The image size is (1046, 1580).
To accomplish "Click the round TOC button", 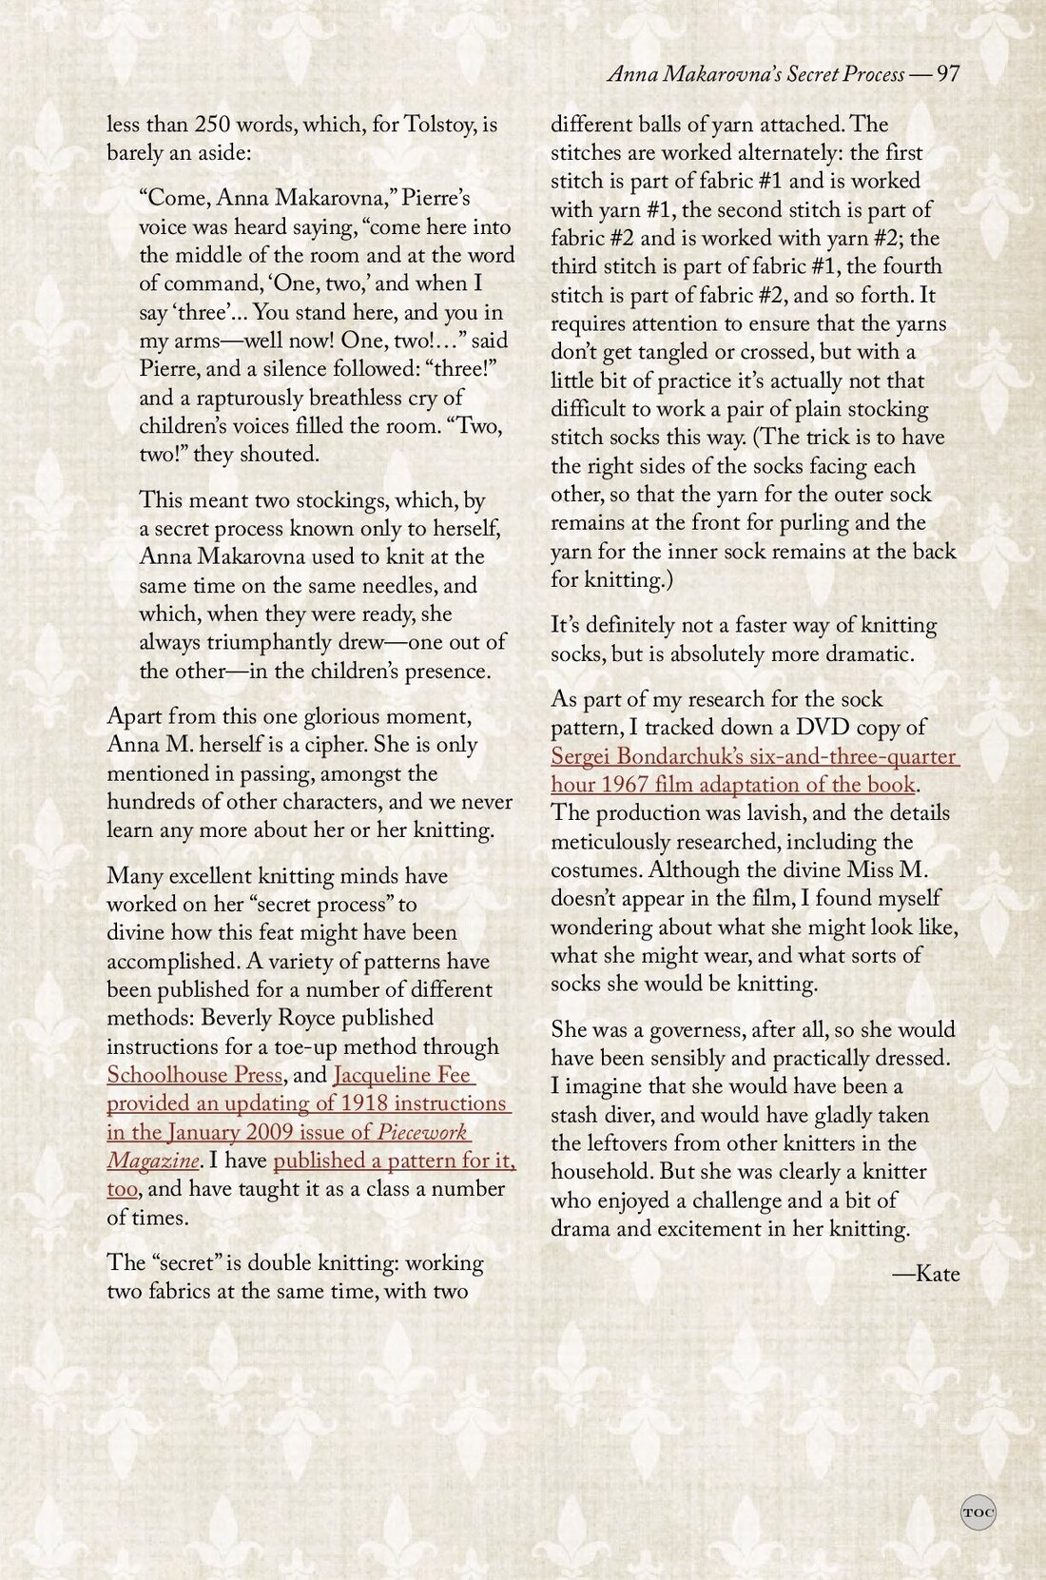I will point(978,1512).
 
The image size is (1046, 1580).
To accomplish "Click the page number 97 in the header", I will point(947,74).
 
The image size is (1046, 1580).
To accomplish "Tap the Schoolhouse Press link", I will point(194,1075).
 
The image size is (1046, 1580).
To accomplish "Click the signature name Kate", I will point(937,1274).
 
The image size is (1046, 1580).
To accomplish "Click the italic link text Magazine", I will point(153,1161).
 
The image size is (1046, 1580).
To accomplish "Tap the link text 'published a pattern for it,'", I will point(394,1161).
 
